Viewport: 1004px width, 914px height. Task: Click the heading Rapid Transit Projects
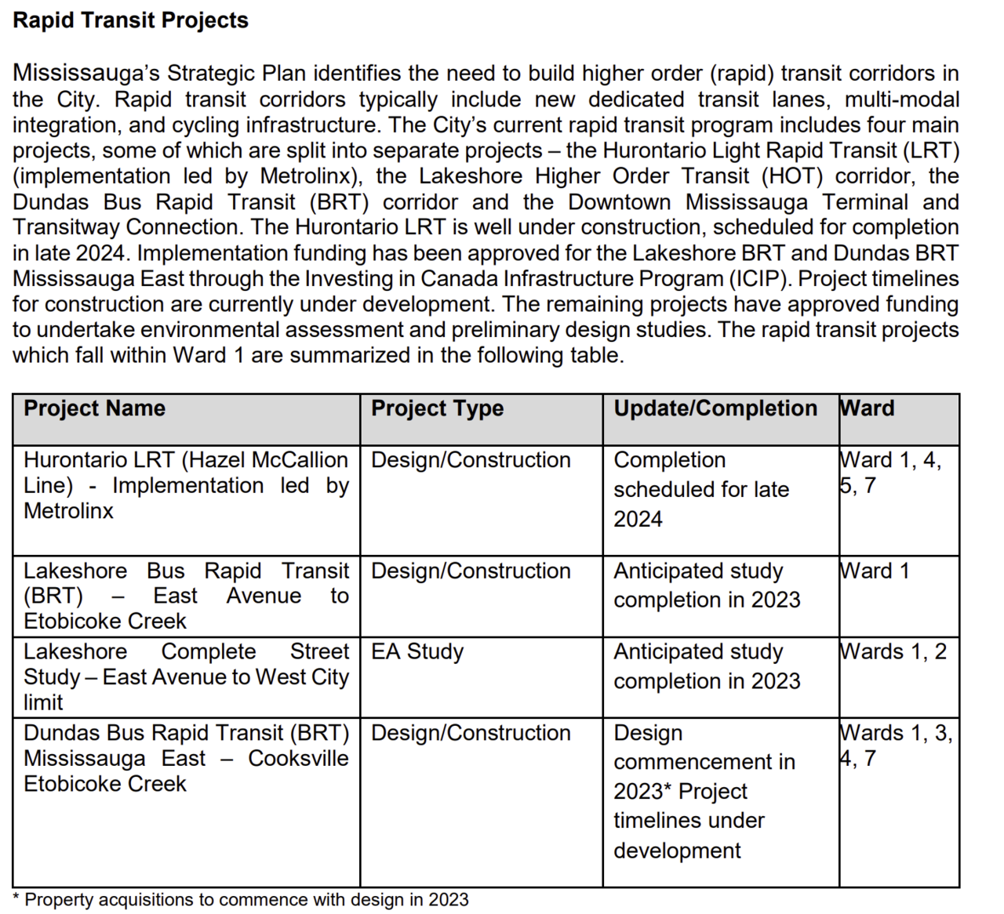click(x=130, y=20)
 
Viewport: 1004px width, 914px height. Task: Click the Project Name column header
click(x=94, y=408)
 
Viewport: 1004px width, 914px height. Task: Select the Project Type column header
click(x=437, y=408)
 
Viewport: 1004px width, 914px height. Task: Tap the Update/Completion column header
click(x=715, y=408)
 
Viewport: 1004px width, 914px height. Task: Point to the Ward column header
click(x=867, y=408)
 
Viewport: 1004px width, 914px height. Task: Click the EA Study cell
click(x=417, y=651)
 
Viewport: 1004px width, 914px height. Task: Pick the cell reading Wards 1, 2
click(x=893, y=651)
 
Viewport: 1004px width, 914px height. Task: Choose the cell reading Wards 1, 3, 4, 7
click(x=895, y=745)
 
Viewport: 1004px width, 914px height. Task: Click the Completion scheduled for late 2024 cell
click(x=700, y=489)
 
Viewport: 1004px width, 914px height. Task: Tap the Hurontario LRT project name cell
click(x=186, y=485)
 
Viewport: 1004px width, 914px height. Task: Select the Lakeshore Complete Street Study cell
click(x=186, y=676)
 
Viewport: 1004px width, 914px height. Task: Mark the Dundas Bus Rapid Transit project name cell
click(x=186, y=758)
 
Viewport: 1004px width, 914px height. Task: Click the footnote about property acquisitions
click(x=241, y=900)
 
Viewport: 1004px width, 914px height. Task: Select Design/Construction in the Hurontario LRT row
click(x=471, y=460)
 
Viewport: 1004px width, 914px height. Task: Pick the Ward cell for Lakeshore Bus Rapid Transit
click(x=874, y=571)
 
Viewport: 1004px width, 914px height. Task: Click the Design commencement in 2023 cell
click(x=704, y=791)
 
